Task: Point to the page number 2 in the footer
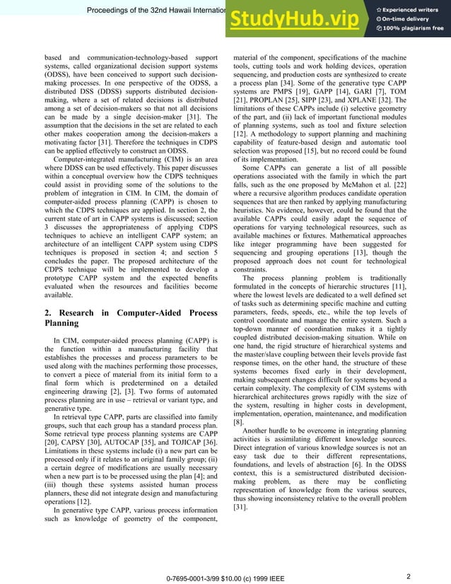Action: [x=409, y=557]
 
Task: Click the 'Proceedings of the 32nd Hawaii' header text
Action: [x=156, y=9]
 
